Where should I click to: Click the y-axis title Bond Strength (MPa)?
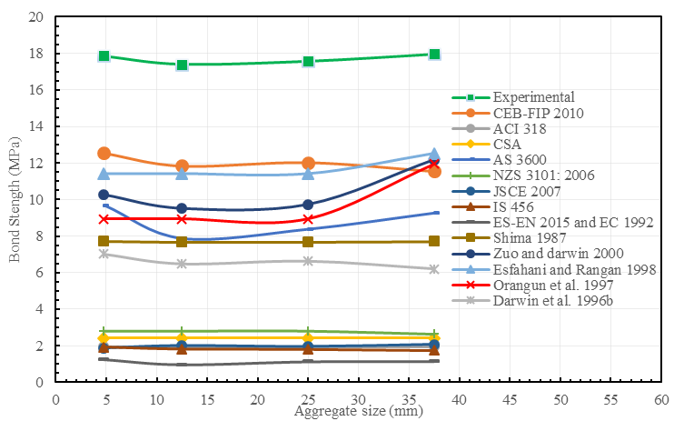click(15, 199)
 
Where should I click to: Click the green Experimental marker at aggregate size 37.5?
click(434, 55)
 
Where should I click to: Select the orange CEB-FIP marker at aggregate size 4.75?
click(104, 154)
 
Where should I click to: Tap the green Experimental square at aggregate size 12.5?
click(182, 65)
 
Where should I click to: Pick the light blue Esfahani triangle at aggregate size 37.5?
click(434, 154)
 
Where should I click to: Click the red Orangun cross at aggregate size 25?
click(308, 219)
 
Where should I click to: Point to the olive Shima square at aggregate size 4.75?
click(104, 241)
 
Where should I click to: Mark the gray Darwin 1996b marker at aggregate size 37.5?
click(434, 269)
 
